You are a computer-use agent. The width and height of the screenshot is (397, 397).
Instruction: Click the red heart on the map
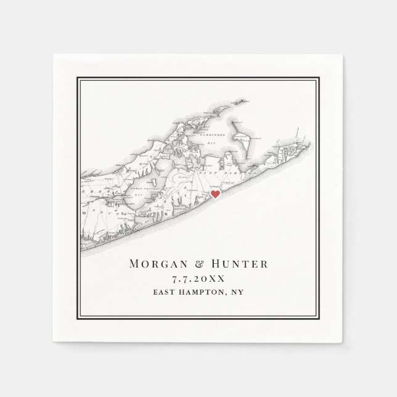[215, 194]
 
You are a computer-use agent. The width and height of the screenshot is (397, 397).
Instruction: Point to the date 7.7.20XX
[198, 279]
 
